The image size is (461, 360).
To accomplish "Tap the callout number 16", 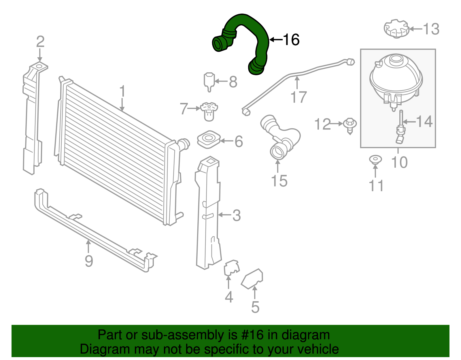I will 291,39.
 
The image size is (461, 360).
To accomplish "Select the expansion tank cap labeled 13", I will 396,29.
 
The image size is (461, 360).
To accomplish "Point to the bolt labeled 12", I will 350,125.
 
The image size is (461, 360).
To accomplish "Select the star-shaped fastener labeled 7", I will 209,111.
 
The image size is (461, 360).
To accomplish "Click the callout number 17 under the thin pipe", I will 298,97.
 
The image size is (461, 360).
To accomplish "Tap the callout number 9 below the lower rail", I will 89,261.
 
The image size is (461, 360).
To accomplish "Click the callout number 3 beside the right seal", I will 237,215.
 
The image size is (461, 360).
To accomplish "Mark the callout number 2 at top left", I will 40,42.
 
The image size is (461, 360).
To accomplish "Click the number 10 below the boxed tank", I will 399,162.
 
